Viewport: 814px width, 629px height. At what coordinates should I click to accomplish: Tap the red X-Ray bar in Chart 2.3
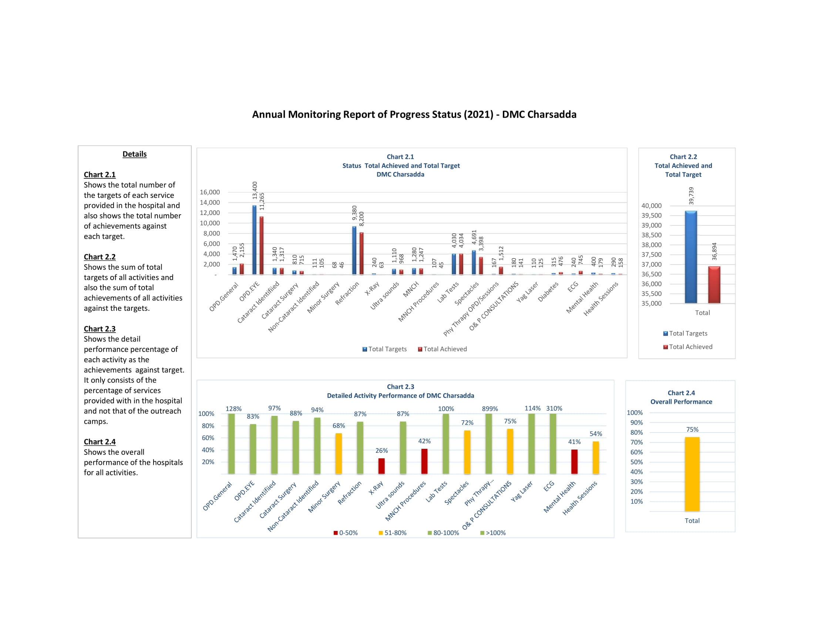(381, 466)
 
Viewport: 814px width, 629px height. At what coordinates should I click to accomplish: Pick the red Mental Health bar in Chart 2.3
(574, 462)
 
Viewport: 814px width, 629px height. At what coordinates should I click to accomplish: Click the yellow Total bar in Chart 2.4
(692, 474)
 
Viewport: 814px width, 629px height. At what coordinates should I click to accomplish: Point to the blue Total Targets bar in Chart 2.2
(691, 257)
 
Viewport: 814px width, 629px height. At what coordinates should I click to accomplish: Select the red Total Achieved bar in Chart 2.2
(714, 285)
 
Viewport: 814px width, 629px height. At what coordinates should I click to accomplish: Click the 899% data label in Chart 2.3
(490, 409)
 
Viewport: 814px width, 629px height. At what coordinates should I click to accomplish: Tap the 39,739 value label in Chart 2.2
(692, 196)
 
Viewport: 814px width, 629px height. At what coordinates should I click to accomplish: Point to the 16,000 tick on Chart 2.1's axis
(210, 192)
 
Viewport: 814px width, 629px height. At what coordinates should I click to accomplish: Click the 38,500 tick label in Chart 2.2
(651, 235)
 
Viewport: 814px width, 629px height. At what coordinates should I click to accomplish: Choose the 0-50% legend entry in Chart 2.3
(346, 533)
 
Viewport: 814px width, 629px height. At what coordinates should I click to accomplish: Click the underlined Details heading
(135, 154)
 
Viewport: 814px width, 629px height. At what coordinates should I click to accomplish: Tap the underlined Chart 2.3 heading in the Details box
(100, 329)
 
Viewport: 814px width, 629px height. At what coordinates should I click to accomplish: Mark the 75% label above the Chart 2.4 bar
(692, 430)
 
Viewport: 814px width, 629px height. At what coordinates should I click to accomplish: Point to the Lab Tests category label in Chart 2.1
(448, 292)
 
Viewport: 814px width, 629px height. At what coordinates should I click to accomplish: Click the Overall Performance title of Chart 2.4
(681, 402)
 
